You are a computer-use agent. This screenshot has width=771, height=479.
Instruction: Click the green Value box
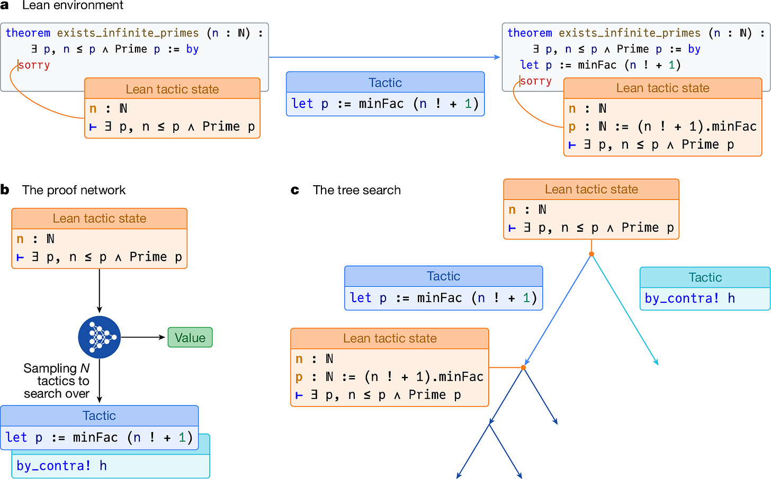(190, 338)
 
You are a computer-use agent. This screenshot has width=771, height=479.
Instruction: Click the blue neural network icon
(100, 337)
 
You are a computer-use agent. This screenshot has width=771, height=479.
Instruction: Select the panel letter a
(5, 5)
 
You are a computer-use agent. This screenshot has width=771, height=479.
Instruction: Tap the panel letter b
(5, 190)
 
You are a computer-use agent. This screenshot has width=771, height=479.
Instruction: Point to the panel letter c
(295, 190)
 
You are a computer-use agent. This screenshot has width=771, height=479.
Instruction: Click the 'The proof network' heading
(74, 190)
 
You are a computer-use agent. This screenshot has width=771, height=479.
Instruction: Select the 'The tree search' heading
(356, 190)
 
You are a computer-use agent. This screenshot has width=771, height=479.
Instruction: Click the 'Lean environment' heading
(73, 5)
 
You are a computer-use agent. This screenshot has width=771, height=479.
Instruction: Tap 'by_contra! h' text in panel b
(61, 466)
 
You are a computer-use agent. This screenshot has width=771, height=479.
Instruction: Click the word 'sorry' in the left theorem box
(34, 65)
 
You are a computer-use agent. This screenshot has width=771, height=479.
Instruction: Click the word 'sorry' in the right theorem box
(536, 81)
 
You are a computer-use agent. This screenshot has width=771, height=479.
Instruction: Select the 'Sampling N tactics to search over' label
(57, 381)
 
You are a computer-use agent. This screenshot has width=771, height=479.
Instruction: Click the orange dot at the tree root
(591, 254)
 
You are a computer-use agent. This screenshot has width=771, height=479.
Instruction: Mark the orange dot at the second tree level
(523, 367)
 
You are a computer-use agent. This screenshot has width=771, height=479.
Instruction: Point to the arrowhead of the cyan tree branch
(657, 363)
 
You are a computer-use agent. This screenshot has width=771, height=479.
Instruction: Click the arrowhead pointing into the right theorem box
(498, 57)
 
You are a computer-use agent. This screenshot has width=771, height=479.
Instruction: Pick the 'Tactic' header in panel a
(385, 83)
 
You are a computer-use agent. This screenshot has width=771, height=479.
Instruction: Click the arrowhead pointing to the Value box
(163, 337)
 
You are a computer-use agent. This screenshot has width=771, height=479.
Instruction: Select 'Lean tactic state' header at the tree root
(591, 189)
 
